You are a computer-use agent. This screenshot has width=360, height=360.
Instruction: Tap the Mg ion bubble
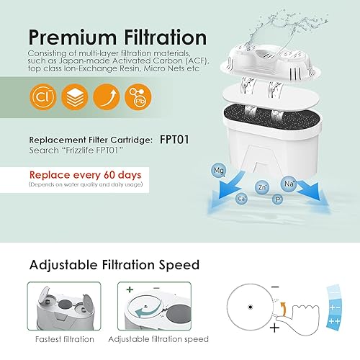coord(219,170)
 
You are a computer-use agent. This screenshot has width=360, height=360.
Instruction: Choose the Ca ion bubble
coord(243,198)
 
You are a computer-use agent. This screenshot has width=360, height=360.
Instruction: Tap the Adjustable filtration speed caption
coord(158,339)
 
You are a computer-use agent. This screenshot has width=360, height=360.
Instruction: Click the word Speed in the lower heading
coord(174,265)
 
